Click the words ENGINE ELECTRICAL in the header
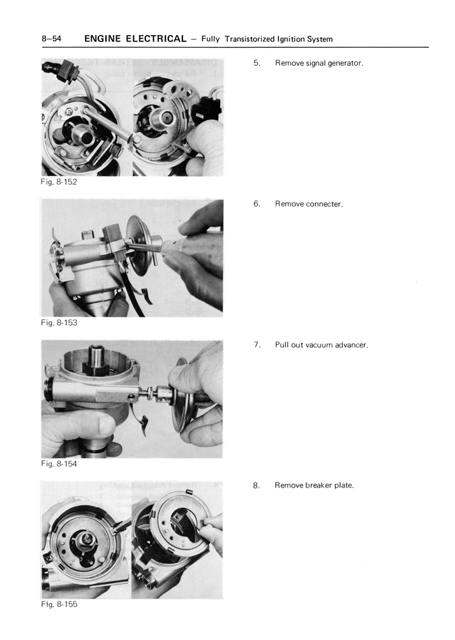tap(135, 39)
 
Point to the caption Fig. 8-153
tap(59, 323)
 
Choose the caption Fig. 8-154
tap(59, 464)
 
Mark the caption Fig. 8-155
tap(59, 604)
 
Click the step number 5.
tap(257, 64)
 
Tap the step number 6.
tap(257, 204)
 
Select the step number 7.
tap(257, 345)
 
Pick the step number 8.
tap(257, 485)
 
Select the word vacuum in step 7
tap(319, 345)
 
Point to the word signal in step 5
tap(314, 64)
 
